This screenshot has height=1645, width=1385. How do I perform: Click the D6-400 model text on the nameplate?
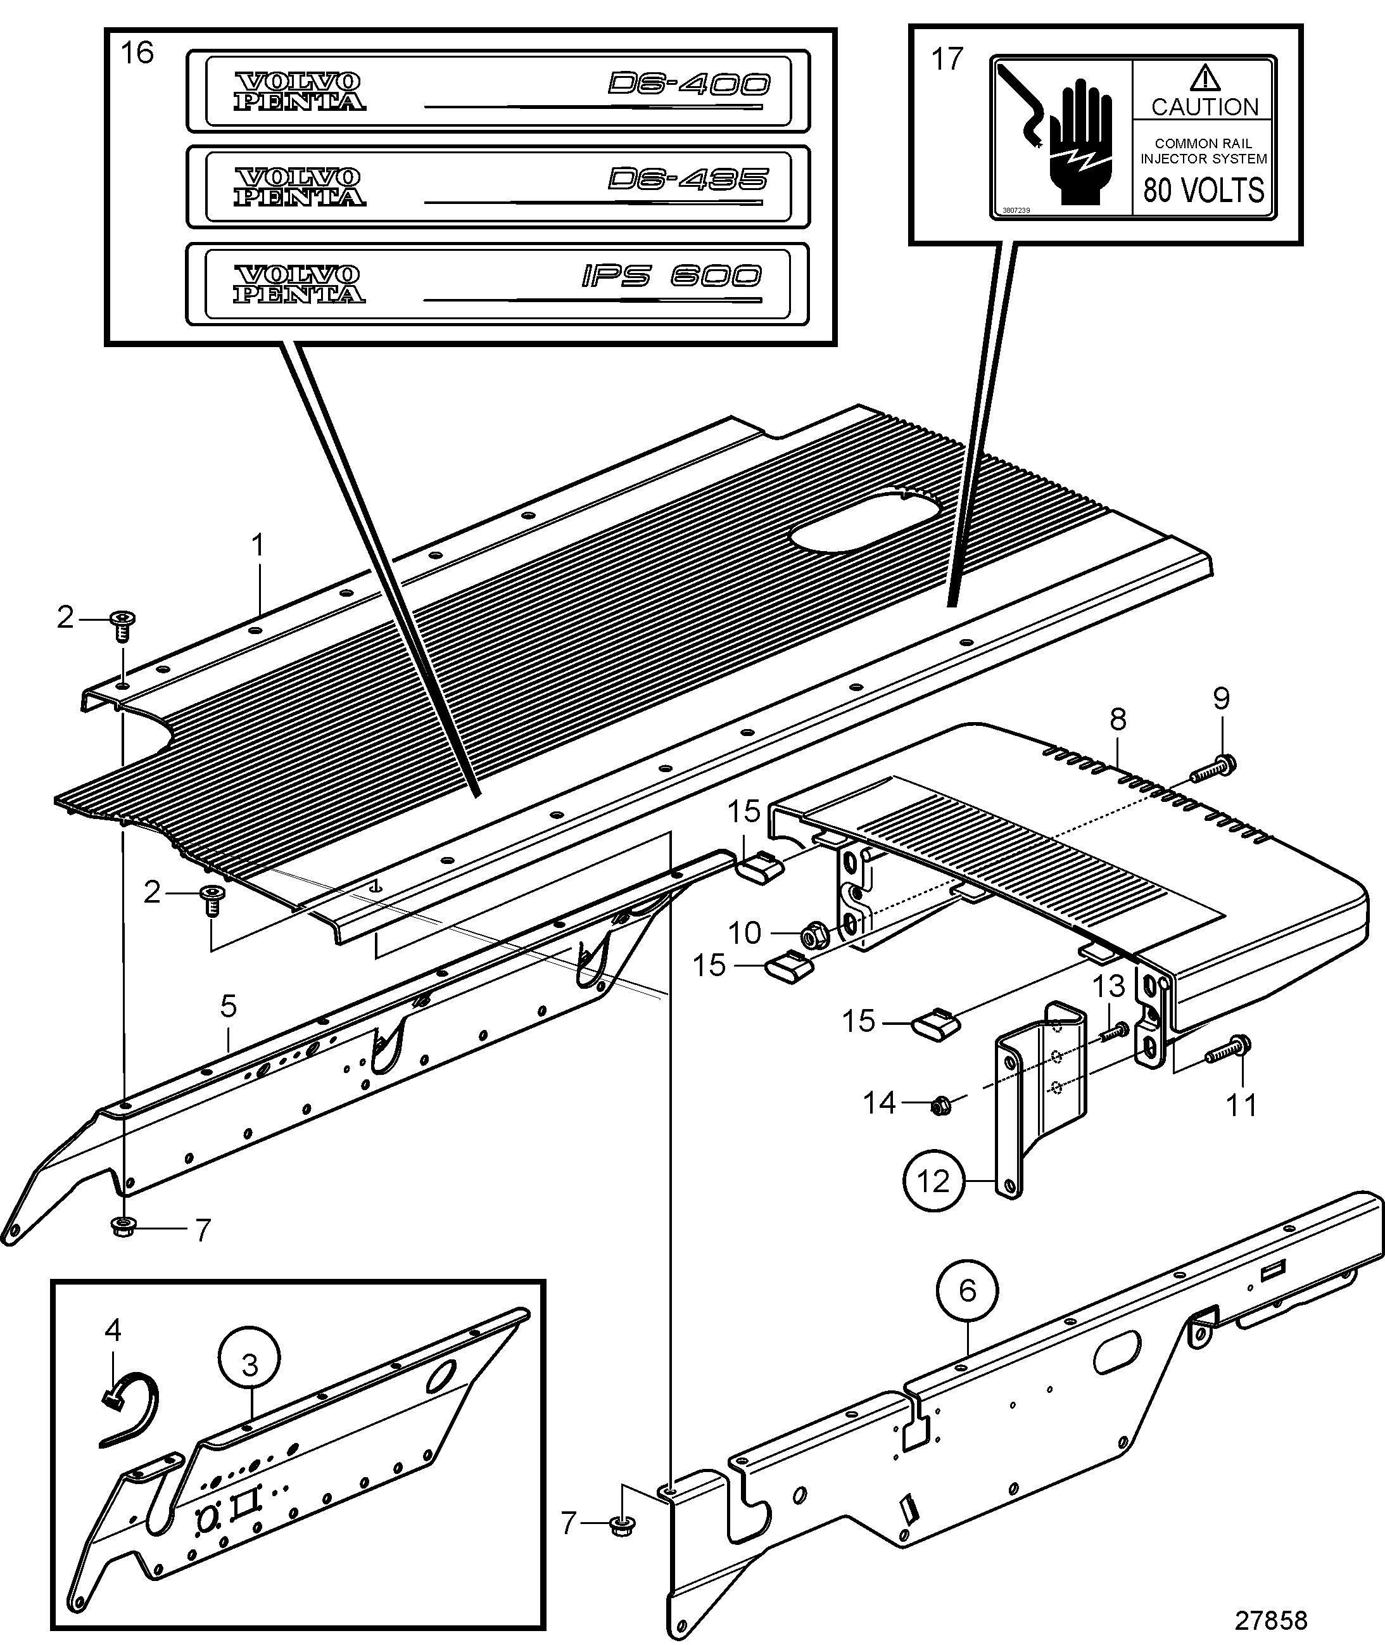[688, 84]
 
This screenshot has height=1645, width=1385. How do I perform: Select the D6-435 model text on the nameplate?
[687, 180]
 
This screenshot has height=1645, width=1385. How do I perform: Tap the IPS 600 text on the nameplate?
[671, 276]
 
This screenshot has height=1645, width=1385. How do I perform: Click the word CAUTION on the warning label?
[1205, 107]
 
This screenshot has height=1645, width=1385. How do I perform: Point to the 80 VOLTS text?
[1204, 190]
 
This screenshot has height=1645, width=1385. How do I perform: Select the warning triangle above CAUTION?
[1205, 78]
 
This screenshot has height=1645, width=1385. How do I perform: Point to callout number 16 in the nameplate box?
[137, 53]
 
